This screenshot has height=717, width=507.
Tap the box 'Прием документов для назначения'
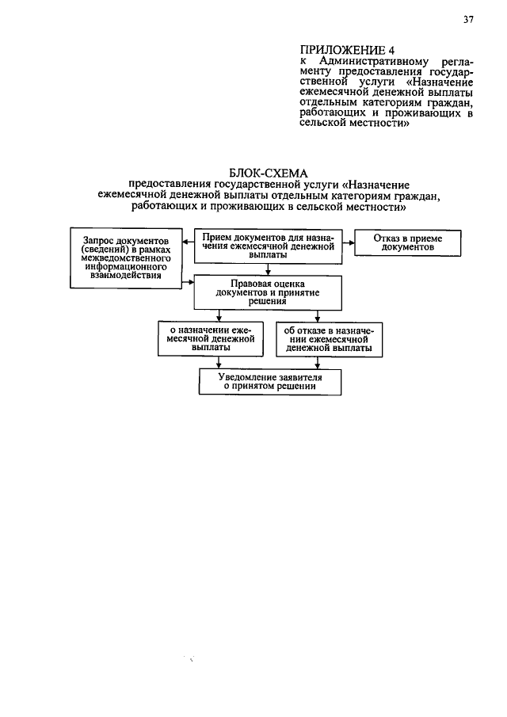tap(267, 246)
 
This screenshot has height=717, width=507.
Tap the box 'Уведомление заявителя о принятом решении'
tap(269, 383)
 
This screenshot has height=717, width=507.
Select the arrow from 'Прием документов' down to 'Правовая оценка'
tap(268, 269)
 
